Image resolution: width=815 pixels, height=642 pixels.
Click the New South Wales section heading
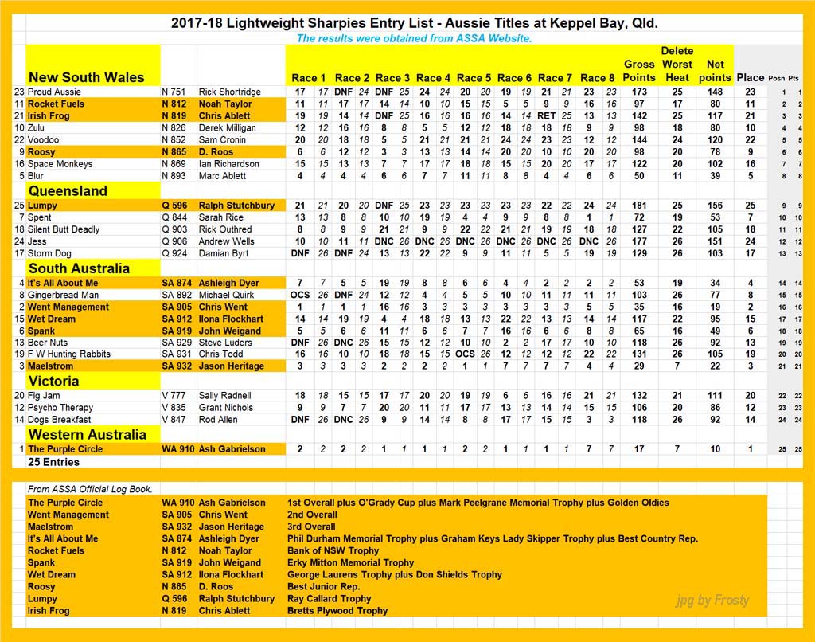pyautogui.click(x=86, y=77)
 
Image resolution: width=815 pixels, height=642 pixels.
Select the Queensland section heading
pyautogui.click(x=68, y=191)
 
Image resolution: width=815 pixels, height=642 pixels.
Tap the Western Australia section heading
pyautogui.click(x=88, y=435)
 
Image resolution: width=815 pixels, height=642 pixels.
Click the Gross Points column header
pyautogui.click(x=639, y=71)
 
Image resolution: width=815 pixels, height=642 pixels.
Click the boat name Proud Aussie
pyautogui.click(x=54, y=92)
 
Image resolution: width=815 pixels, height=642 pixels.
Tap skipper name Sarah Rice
pyautogui.click(x=221, y=217)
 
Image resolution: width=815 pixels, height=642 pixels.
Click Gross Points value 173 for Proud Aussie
pyautogui.click(x=639, y=92)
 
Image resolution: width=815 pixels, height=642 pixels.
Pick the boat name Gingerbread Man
pyautogui.click(x=64, y=295)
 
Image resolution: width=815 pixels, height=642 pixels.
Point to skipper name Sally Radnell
pyautogui.click(x=226, y=396)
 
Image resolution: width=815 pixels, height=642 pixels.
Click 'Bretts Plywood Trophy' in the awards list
pyautogui.click(x=337, y=611)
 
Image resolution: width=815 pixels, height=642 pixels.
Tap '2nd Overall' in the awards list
pyautogui.click(x=312, y=515)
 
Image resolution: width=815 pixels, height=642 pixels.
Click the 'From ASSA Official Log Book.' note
pyautogui.click(x=90, y=489)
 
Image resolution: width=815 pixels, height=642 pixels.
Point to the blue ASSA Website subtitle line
pyautogui.click(x=414, y=38)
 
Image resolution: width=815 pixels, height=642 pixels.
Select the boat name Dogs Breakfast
pyautogui.click(x=59, y=420)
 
